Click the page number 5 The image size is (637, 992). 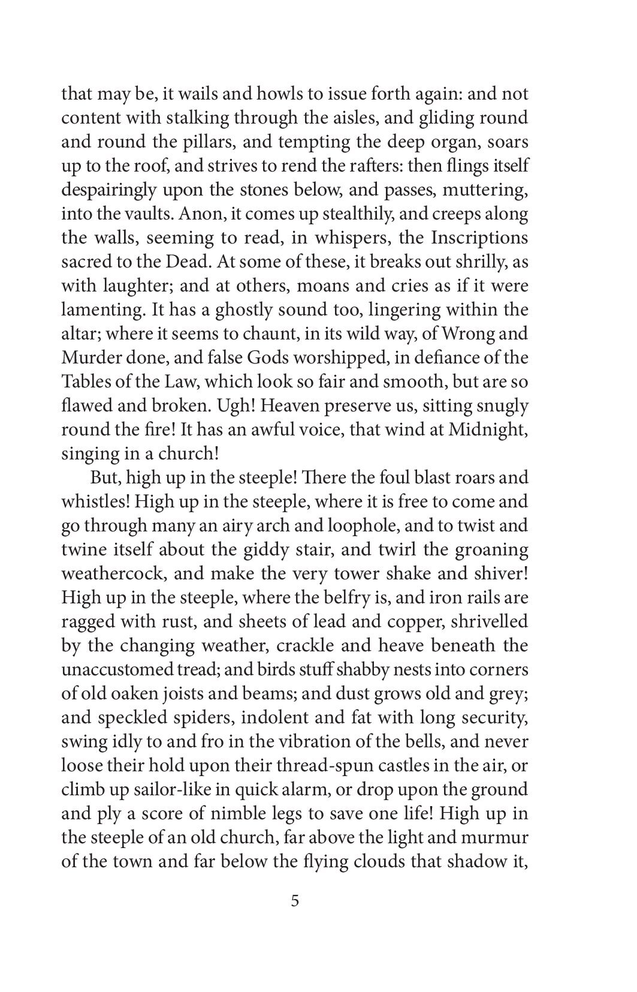tap(294, 901)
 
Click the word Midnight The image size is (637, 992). tap(487, 430)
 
